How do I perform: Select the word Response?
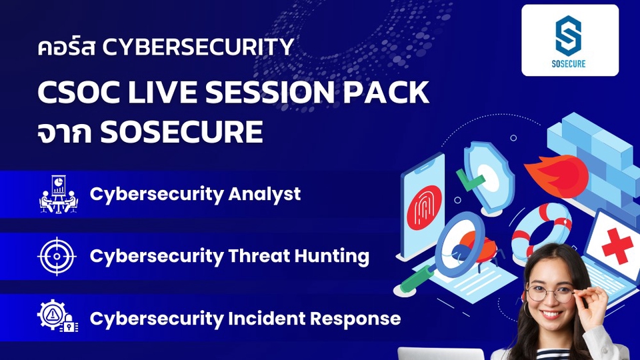coord(360,319)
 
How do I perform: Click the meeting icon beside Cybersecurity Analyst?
coord(58,194)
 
